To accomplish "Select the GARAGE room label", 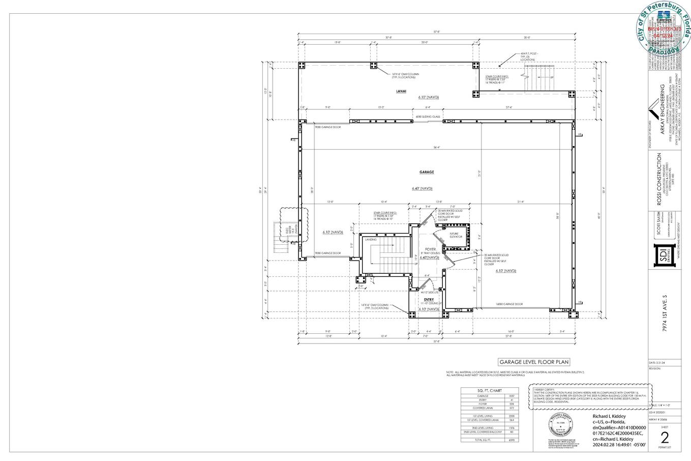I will pyautogui.click(x=426, y=172).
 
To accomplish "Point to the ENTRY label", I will pyautogui.click(x=429, y=299).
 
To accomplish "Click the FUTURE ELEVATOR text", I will pyautogui.click(x=456, y=235).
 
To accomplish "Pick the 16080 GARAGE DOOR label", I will pyautogui.click(x=509, y=304).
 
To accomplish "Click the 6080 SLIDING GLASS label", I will pyautogui.click(x=428, y=117).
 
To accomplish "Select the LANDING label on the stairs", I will pyautogui.click(x=371, y=240).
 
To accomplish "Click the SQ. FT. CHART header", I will pyautogui.click(x=490, y=390).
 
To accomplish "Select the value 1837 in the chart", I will pyautogui.click(x=512, y=395).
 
